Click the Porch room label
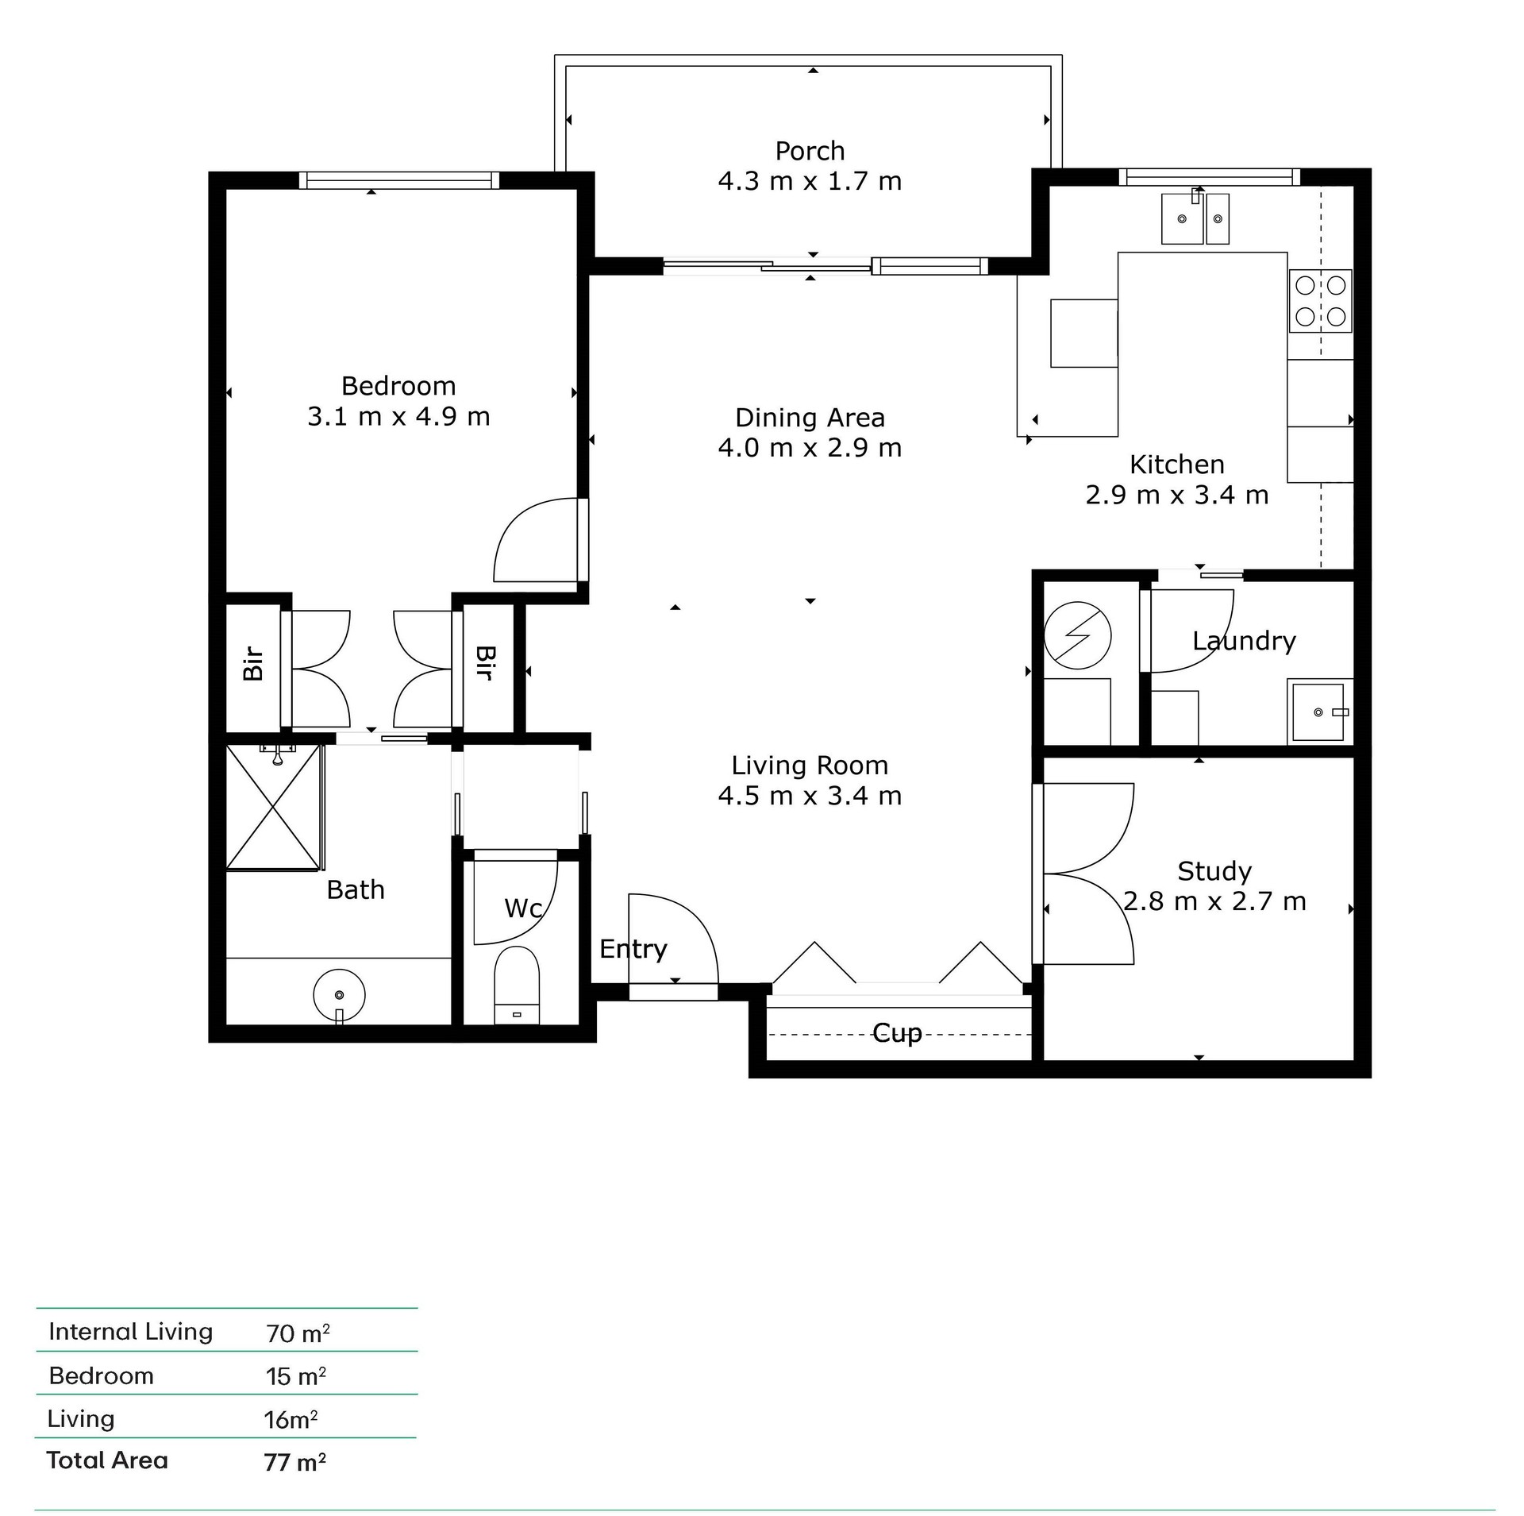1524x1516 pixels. coord(810,151)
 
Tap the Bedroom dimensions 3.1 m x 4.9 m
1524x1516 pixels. coord(398,416)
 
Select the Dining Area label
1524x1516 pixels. coord(810,417)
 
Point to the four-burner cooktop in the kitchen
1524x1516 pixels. coord(1320,301)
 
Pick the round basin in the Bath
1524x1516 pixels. coord(339,995)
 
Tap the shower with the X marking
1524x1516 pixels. coord(274,807)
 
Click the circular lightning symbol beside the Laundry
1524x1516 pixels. coord(1077,635)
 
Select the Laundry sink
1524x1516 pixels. coord(1318,712)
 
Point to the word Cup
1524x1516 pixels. coord(897,1033)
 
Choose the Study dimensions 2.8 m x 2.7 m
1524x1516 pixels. coord(1214,901)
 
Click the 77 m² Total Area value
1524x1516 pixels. coord(294,1462)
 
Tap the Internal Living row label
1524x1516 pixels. coord(131,1332)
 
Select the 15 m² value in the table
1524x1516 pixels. coord(296,1375)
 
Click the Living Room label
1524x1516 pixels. coord(810,765)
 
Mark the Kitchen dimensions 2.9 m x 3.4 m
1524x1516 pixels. coord(1177,495)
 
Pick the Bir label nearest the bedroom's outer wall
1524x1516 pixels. coord(253,664)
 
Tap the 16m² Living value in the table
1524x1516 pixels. coord(291,1418)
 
